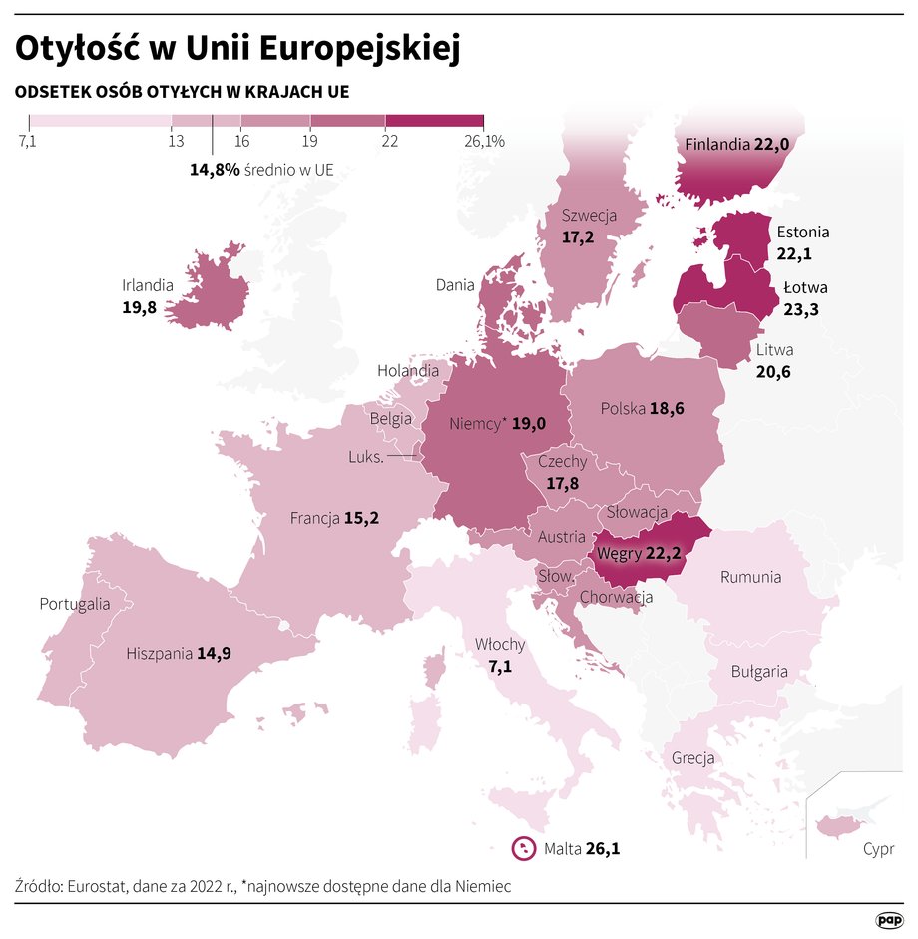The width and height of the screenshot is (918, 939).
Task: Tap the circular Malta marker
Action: point(523,849)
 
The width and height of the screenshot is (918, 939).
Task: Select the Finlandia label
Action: point(715,145)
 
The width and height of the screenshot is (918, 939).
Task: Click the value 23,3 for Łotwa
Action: point(801,309)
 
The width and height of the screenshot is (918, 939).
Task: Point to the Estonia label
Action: point(802,233)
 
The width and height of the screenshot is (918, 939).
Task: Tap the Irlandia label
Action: point(148,285)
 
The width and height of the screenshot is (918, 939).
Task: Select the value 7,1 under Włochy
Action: point(500,666)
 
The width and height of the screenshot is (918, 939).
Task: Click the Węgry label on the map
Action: point(618,552)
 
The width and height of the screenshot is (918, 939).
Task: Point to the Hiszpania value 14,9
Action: point(214,654)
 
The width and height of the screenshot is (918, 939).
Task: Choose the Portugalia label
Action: point(74,604)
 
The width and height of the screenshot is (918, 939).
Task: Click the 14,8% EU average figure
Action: point(215,170)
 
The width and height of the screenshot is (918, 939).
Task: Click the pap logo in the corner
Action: point(889,919)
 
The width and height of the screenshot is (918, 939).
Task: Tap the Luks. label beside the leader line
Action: point(366,457)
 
